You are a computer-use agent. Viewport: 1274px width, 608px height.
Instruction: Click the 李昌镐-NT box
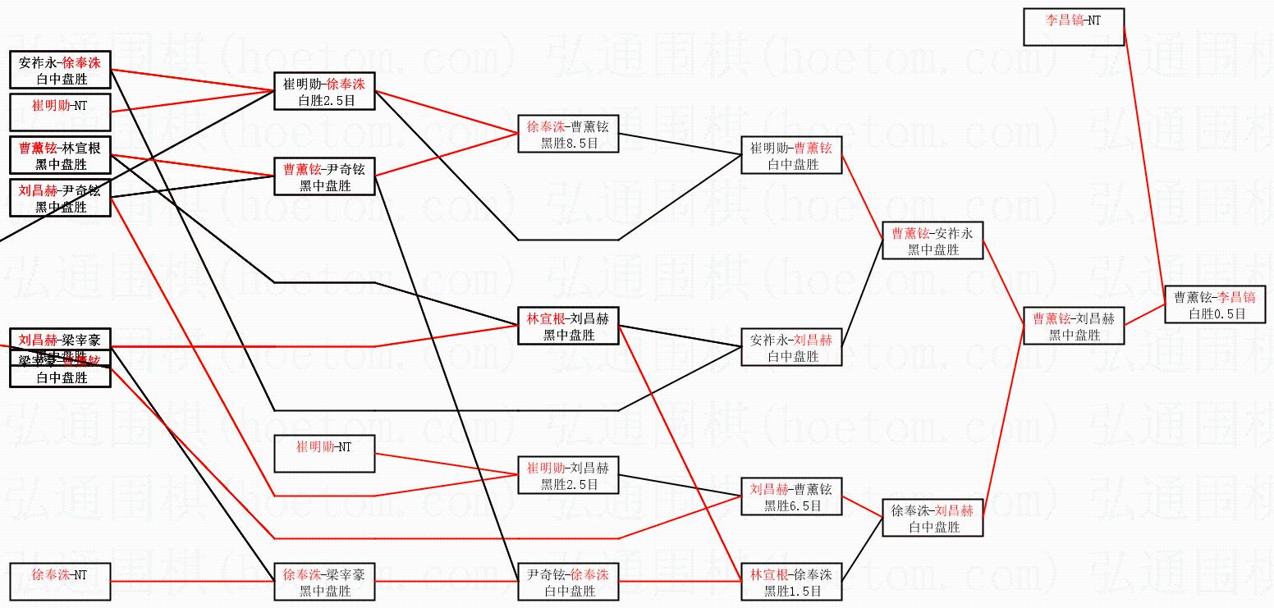coord(1074,27)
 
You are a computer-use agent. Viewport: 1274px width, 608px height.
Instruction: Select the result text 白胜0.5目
coord(1216,314)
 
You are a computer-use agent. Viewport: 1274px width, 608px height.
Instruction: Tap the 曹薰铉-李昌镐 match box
coord(1215,304)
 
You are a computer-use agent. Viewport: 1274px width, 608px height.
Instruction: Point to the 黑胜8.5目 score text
coord(569,144)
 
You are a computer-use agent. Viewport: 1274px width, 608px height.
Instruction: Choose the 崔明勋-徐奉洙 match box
coord(324,91)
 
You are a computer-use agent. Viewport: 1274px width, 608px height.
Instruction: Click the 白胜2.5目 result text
coord(324,100)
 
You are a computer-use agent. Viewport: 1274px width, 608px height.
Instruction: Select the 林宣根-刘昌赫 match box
coord(568,326)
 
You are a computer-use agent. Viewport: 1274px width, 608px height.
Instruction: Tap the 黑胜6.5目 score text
coord(792,506)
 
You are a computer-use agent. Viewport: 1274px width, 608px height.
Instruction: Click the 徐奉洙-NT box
coord(60,581)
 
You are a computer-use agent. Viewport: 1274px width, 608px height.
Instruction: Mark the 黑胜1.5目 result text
coord(792,592)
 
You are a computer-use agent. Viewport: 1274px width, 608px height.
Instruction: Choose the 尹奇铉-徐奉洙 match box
coord(568,582)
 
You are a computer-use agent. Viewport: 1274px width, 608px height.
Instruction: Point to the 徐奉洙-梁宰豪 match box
coord(324,582)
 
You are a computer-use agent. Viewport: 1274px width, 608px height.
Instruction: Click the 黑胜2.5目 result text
coord(569,485)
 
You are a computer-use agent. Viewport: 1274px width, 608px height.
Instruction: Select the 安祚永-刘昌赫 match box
coord(791,347)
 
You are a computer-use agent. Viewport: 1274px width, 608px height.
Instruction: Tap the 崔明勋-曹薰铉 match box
coord(791,155)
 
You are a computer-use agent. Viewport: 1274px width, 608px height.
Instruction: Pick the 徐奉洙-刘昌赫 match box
coord(933,518)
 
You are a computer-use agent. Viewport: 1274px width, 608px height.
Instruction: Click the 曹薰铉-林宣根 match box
coord(60,156)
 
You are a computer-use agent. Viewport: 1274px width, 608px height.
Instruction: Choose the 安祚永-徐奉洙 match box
coord(60,70)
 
